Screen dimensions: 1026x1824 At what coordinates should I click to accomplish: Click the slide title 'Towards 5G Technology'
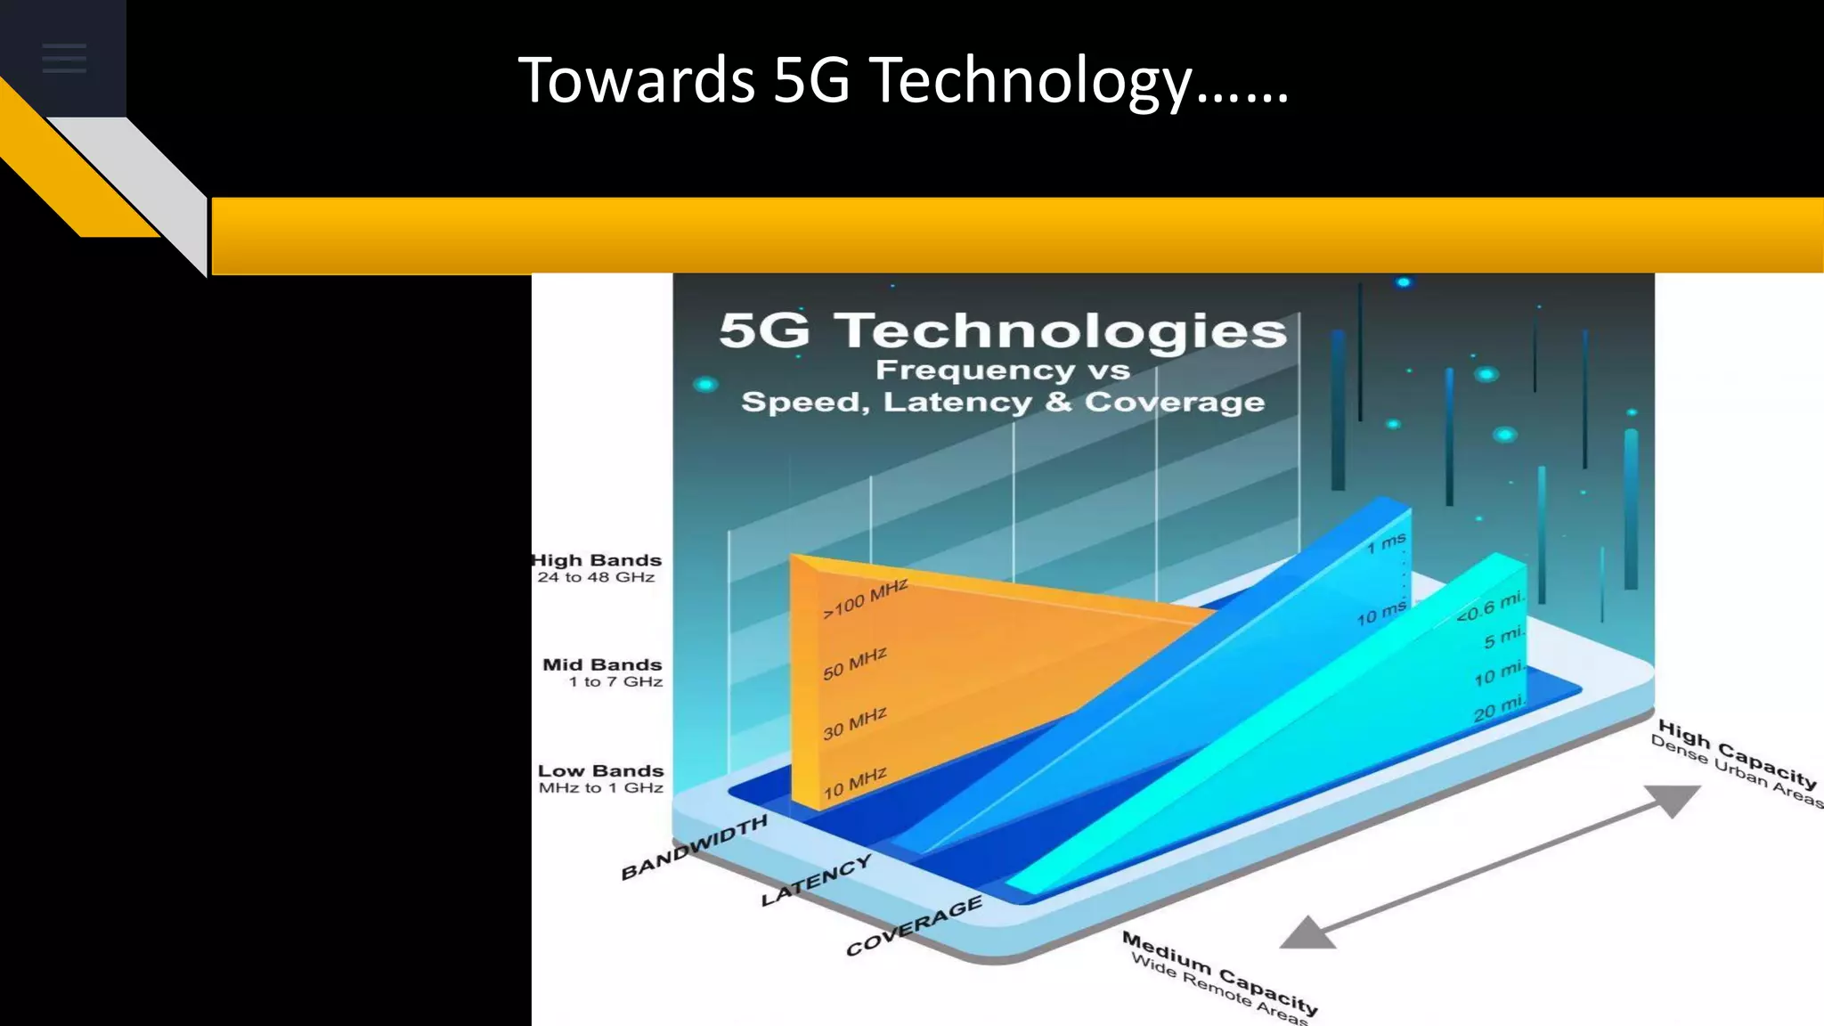[902, 80]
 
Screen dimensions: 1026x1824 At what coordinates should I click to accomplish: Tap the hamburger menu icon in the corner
[64, 59]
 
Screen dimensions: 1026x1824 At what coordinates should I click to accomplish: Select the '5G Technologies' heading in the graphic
[1002, 330]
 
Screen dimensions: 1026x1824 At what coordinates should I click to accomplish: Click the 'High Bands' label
[597, 560]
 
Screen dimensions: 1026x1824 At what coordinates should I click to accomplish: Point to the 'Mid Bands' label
[602, 664]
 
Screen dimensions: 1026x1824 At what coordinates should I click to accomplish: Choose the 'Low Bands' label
[600, 770]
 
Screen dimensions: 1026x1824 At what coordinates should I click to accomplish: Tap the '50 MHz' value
[855, 664]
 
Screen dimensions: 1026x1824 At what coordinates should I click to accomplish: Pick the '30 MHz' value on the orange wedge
[855, 723]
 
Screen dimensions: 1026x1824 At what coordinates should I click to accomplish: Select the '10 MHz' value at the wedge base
[855, 783]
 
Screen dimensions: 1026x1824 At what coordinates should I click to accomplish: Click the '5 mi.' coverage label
[1503, 638]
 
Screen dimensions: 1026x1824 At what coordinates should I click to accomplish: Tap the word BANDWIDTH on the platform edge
[694, 847]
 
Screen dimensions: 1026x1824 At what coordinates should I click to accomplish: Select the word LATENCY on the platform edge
[816, 880]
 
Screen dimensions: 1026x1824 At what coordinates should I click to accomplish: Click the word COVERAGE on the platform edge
[914, 925]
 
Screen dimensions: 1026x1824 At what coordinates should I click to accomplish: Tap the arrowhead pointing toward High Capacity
[1672, 799]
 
